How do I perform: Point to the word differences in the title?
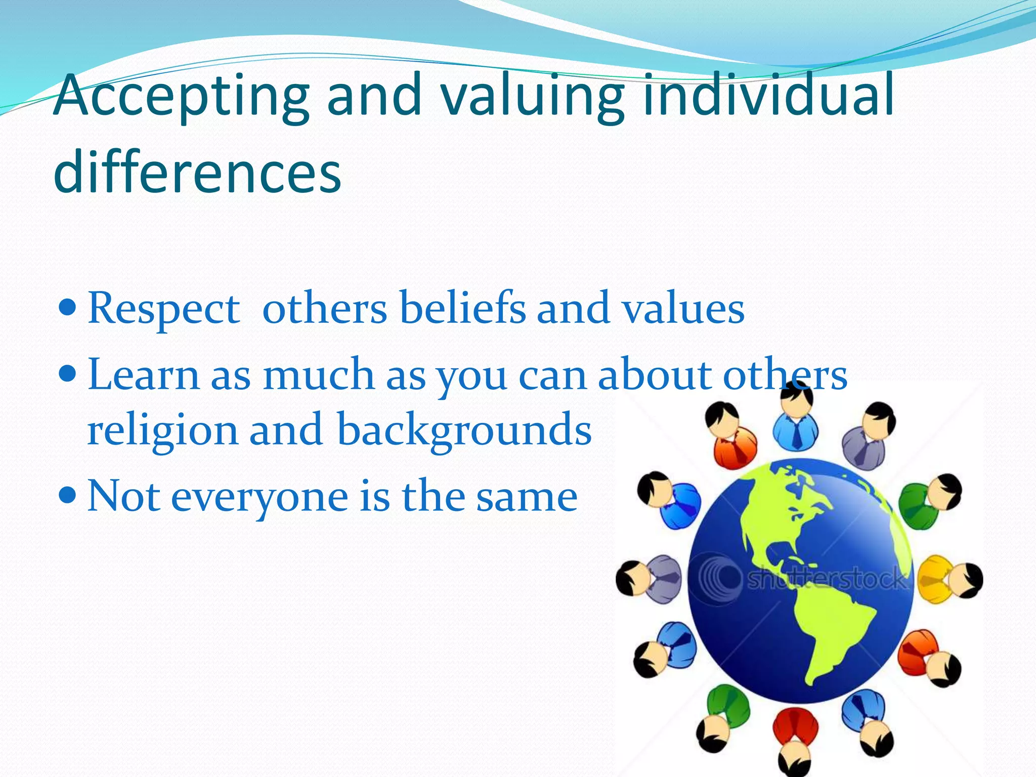(x=197, y=172)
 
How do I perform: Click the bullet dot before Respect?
(x=67, y=307)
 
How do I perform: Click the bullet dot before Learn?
(x=67, y=374)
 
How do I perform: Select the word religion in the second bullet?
(x=162, y=430)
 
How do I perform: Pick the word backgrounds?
(x=464, y=430)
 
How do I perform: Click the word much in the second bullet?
(x=318, y=374)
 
